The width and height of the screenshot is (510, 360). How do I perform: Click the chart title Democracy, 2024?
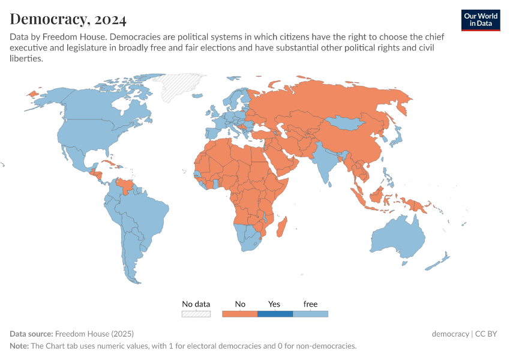click(x=68, y=19)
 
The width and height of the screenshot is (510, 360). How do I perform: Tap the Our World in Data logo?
click(x=480, y=20)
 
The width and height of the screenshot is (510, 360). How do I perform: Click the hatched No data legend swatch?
click(x=196, y=313)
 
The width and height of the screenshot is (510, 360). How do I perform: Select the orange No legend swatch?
click(x=239, y=313)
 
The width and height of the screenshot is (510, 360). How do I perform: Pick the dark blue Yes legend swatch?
click(x=275, y=313)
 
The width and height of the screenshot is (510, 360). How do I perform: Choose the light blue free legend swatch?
click(x=310, y=313)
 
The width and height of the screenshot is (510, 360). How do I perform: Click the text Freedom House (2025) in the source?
click(x=94, y=334)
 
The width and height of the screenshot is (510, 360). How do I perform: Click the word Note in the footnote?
click(x=19, y=346)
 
